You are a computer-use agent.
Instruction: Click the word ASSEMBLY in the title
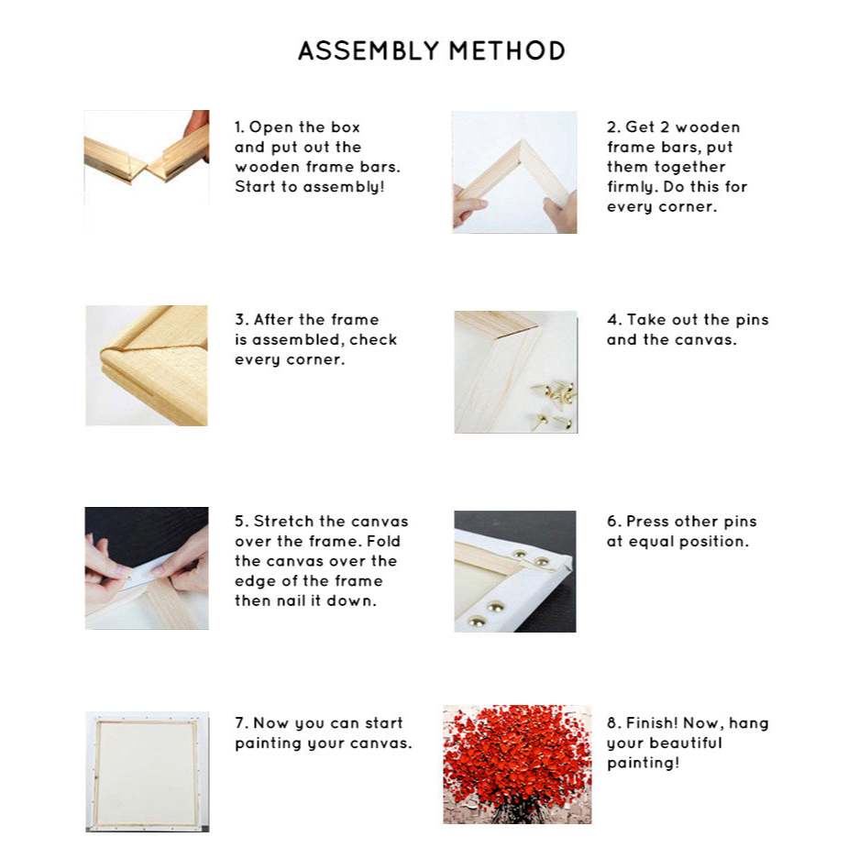(x=369, y=51)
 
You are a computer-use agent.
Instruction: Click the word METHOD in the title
(x=507, y=51)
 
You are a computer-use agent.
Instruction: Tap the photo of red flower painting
(x=517, y=765)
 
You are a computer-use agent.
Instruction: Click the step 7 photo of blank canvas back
(x=147, y=771)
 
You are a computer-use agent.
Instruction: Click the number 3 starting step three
(x=239, y=319)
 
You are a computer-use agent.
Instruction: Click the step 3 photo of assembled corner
(x=147, y=366)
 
